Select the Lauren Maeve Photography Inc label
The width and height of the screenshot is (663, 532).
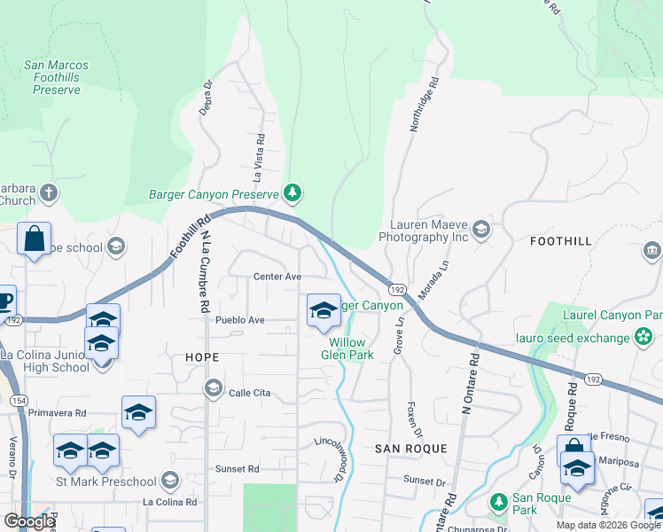click(x=423, y=231)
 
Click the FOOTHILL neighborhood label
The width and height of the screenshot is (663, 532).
click(x=560, y=240)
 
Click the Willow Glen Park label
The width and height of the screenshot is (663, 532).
click(x=351, y=348)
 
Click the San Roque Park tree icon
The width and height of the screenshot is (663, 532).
click(x=498, y=503)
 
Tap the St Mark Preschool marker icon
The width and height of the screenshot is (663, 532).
click(x=171, y=481)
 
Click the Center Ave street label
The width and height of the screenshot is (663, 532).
click(x=277, y=277)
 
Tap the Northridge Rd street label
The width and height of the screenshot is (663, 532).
click(x=425, y=108)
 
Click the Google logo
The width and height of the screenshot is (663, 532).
click(x=30, y=521)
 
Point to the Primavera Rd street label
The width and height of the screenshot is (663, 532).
click(x=56, y=412)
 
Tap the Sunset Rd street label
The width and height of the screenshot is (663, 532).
click(x=237, y=468)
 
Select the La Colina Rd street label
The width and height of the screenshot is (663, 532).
click(x=170, y=502)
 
